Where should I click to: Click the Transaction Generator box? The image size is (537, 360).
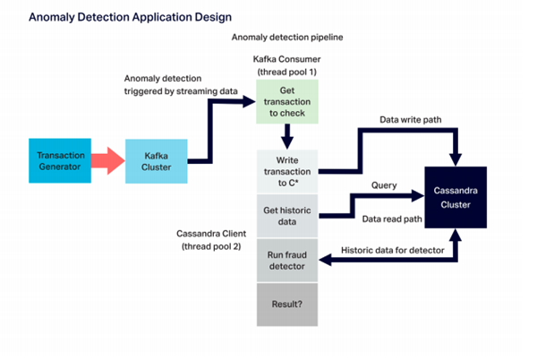click(59, 161)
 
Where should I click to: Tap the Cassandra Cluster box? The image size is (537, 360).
click(456, 198)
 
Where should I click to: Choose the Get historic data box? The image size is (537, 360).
click(288, 216)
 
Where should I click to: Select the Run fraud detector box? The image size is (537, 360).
click(288, 261)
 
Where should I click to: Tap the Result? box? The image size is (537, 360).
click(288, 305)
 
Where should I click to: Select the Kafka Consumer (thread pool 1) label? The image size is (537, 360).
click(287, 64)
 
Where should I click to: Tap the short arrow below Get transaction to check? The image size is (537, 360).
click(288, 136)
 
